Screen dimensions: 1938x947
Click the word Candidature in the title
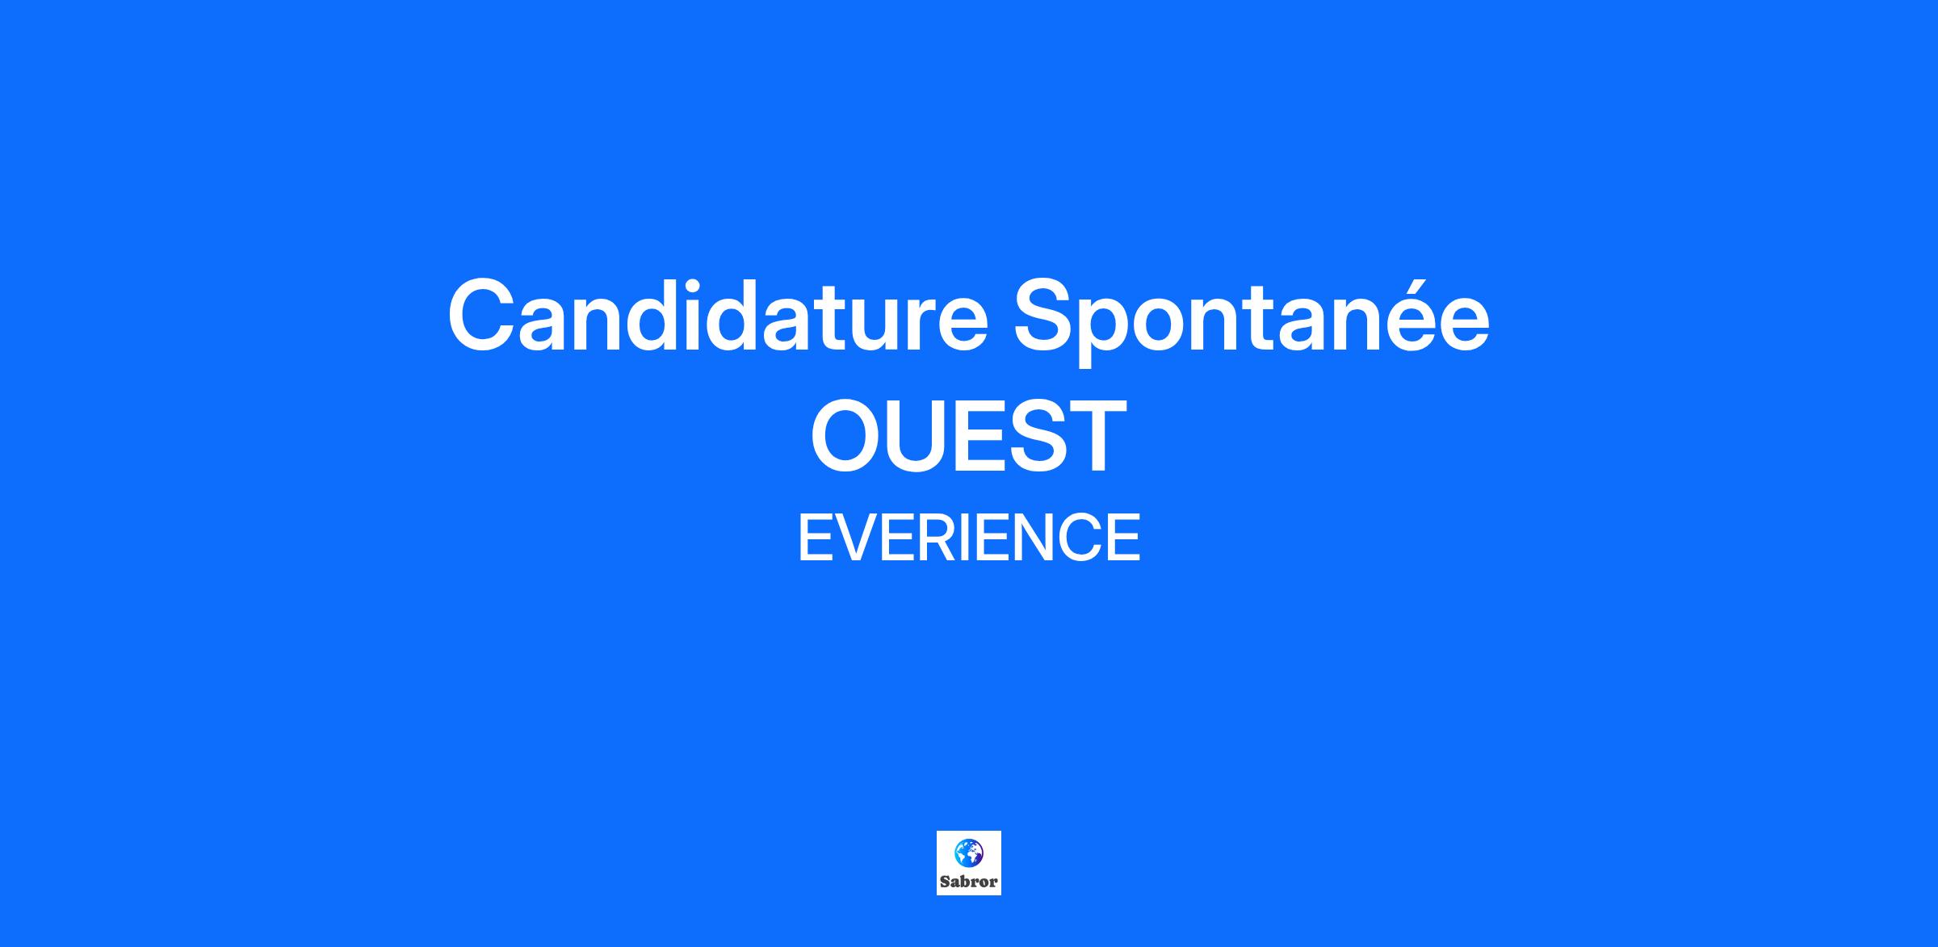(x=718, y=316)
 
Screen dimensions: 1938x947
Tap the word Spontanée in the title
(x=1252, y=321)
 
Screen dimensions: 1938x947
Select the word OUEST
(x=968, y=436)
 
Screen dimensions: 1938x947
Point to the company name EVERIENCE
(x=969, y=538)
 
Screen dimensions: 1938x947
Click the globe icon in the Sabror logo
(x=969, y=852)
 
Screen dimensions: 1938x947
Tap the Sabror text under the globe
(x=969, y=882)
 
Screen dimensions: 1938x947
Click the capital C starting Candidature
(x=482, y=316)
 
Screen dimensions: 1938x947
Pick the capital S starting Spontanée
(x=1045, y=316)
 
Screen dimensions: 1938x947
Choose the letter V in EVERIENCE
(x=855, y=538)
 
